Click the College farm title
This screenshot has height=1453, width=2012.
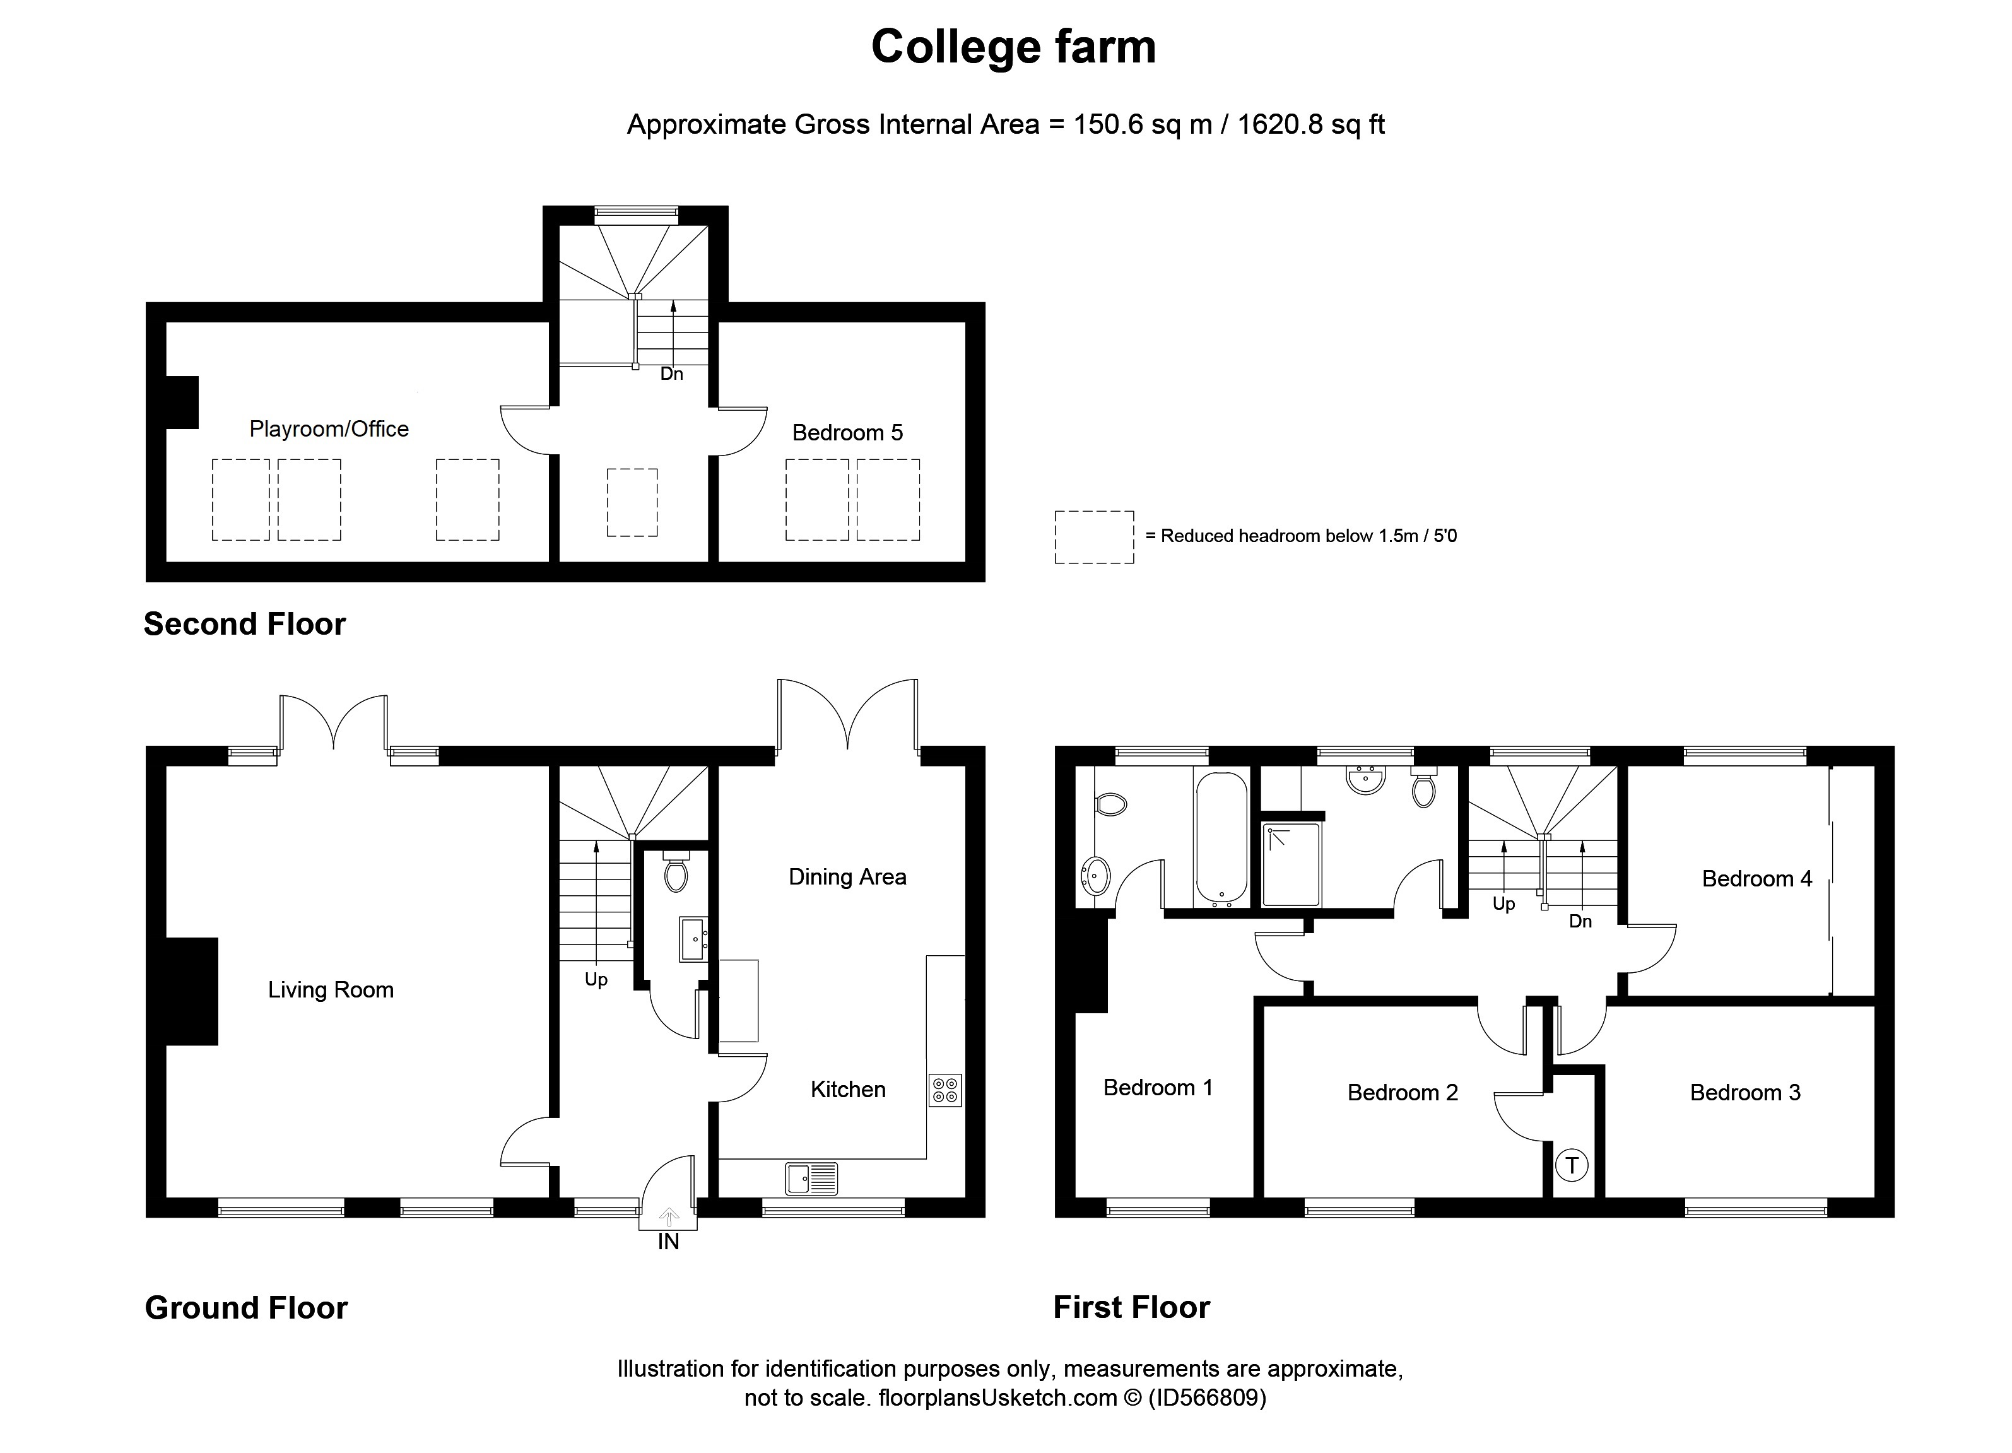tap(1013, 47)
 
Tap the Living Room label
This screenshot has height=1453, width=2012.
tap(331, 990)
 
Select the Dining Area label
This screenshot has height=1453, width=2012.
tap(847, 878)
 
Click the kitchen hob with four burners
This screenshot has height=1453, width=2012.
tap(944, 1090)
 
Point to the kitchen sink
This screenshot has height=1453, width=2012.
tap(811, 1179)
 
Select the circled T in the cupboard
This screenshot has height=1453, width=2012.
tap(1572, 1165)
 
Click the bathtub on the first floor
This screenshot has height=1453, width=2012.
tap(1221, 839)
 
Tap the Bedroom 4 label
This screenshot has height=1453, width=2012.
tap(1756, 879)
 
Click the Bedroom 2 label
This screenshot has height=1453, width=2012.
tap(1403, 1093)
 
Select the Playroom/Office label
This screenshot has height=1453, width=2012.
tap(329, 429)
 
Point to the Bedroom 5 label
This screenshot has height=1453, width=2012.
tap(847, 433)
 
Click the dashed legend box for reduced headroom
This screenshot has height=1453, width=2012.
tap(1094, 537)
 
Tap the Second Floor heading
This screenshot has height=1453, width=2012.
tap(245, 625)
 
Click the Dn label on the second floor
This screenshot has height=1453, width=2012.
tap(671, 374)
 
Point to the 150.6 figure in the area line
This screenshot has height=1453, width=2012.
tap(1108, 125)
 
